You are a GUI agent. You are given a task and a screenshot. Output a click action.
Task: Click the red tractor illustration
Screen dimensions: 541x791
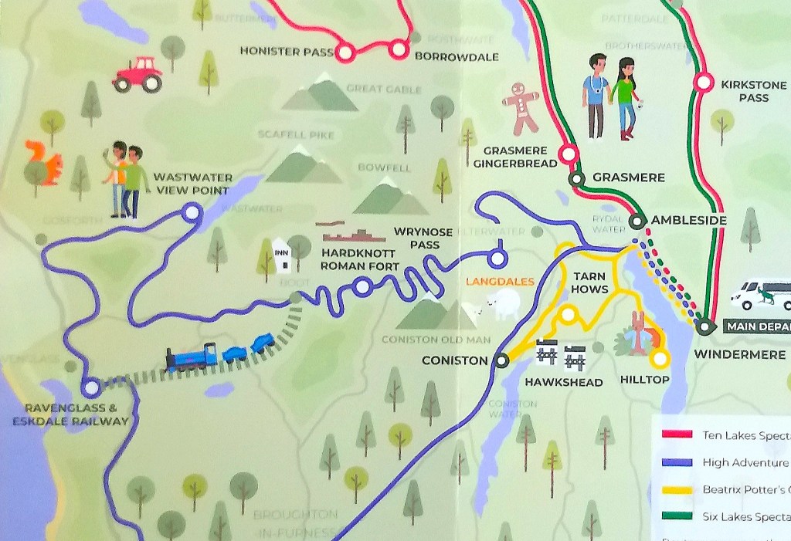point(137,75)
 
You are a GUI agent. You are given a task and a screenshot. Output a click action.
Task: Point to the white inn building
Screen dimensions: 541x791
point(282,255)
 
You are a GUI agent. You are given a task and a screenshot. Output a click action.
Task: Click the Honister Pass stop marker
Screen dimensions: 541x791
point(345,52)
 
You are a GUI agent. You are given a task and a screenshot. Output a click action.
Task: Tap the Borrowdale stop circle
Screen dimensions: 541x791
point(399,49)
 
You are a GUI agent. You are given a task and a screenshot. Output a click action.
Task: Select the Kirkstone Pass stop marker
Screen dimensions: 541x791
point(703,82)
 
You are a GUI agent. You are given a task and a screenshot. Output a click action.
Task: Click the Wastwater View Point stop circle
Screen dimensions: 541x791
point(192,211)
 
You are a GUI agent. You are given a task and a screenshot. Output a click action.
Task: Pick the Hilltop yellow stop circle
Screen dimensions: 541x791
point(659,358)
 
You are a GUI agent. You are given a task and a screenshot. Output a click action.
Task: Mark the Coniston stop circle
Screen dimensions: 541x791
point(502,360)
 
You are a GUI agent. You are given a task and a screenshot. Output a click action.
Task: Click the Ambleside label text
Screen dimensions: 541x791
point(688,221)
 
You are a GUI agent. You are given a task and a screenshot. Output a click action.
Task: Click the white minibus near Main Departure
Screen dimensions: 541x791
point(761,294)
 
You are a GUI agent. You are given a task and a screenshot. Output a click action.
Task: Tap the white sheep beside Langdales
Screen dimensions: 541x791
point(500,303)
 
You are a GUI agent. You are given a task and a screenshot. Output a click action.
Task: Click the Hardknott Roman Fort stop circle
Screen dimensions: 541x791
point(362,288)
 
